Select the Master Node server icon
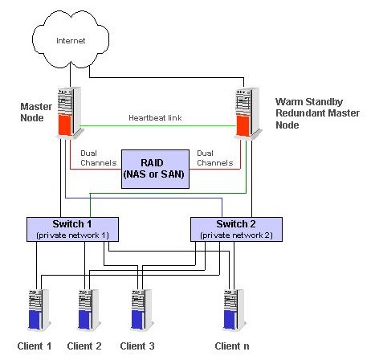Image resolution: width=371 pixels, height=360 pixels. (70, 112)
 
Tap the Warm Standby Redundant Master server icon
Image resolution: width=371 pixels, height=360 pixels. (248, 113)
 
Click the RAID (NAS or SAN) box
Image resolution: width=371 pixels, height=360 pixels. (155, 169)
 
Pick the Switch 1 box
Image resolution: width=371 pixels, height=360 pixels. (72, 229)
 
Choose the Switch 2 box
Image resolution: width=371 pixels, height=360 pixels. (236, 229)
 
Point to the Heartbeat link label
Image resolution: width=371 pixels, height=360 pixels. (155, 118)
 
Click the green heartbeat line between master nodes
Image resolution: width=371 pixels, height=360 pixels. (158, 126)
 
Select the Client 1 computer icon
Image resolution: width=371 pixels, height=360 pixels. (39, 309)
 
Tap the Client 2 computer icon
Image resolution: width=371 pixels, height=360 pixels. (89, 309)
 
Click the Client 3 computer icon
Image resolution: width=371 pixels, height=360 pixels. (142, 309)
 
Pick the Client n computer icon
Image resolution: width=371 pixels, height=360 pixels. (234, 309)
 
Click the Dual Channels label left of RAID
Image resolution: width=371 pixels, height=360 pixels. (99, 158)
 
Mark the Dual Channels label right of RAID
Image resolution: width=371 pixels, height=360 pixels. (215, 158)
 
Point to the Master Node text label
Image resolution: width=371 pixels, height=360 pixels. (36, 112)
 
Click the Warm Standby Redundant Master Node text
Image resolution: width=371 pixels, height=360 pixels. (317, 113)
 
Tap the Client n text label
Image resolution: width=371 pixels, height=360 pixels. (232, 346)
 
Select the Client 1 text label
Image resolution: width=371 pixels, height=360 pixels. (35, 346)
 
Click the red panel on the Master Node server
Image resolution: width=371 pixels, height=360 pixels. (65, 125)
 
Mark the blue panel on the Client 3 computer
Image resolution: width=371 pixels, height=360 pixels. (138, 320)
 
